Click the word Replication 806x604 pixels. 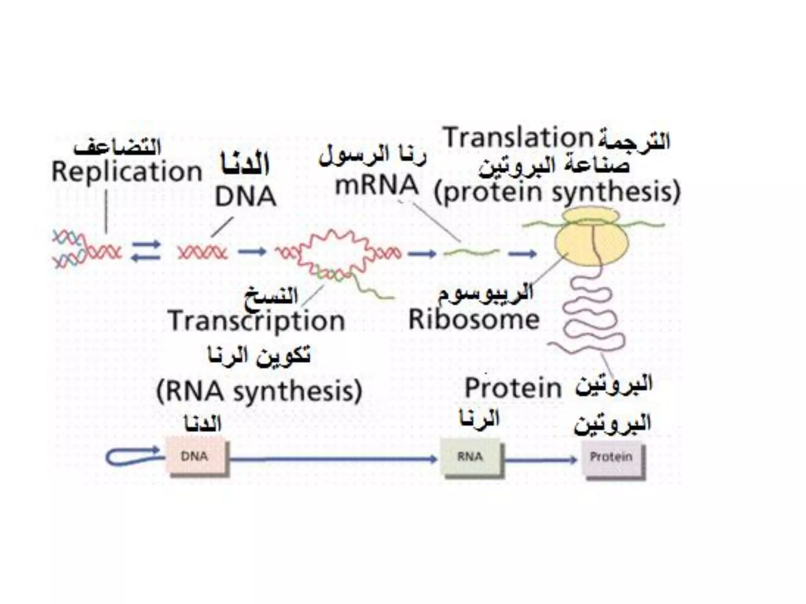127,172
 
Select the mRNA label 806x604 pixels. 376,185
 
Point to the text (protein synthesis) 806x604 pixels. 557,192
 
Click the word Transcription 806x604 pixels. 257,320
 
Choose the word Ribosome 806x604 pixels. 474,319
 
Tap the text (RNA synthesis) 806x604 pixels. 259,391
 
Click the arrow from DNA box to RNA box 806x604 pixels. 333,459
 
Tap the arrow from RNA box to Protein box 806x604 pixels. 541,459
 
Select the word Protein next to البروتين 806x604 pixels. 513,388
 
